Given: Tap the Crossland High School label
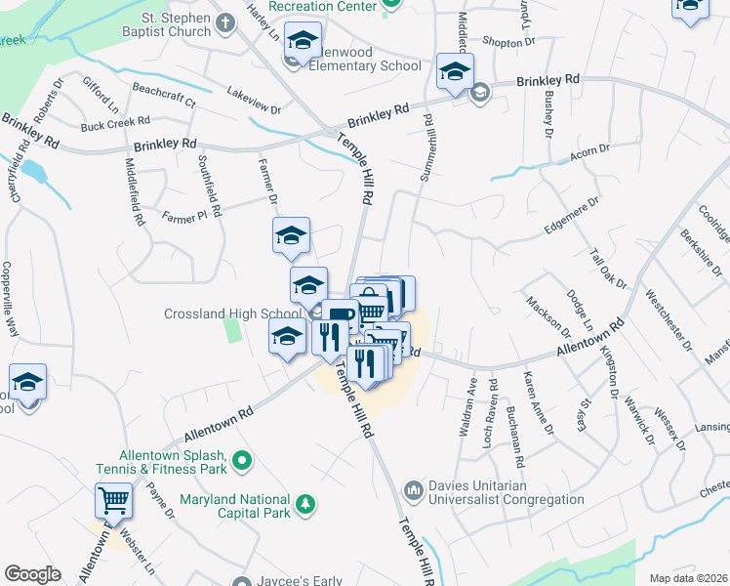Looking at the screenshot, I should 231,314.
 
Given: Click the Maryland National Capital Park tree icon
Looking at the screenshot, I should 306,503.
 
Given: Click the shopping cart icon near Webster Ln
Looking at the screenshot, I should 114,502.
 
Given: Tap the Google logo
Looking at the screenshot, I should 32,574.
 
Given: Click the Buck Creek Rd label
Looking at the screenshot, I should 115,124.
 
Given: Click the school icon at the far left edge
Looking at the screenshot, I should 27,383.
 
